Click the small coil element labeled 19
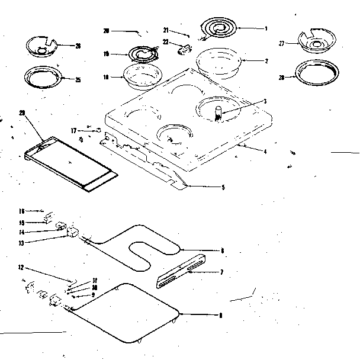[142, 55]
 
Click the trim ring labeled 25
[42, 76]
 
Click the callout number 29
[22, 120]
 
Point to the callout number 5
[223, 188]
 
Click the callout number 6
[222, 250]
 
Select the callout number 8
[221, 316]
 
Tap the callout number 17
[74, 130]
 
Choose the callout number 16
[21, 210]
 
